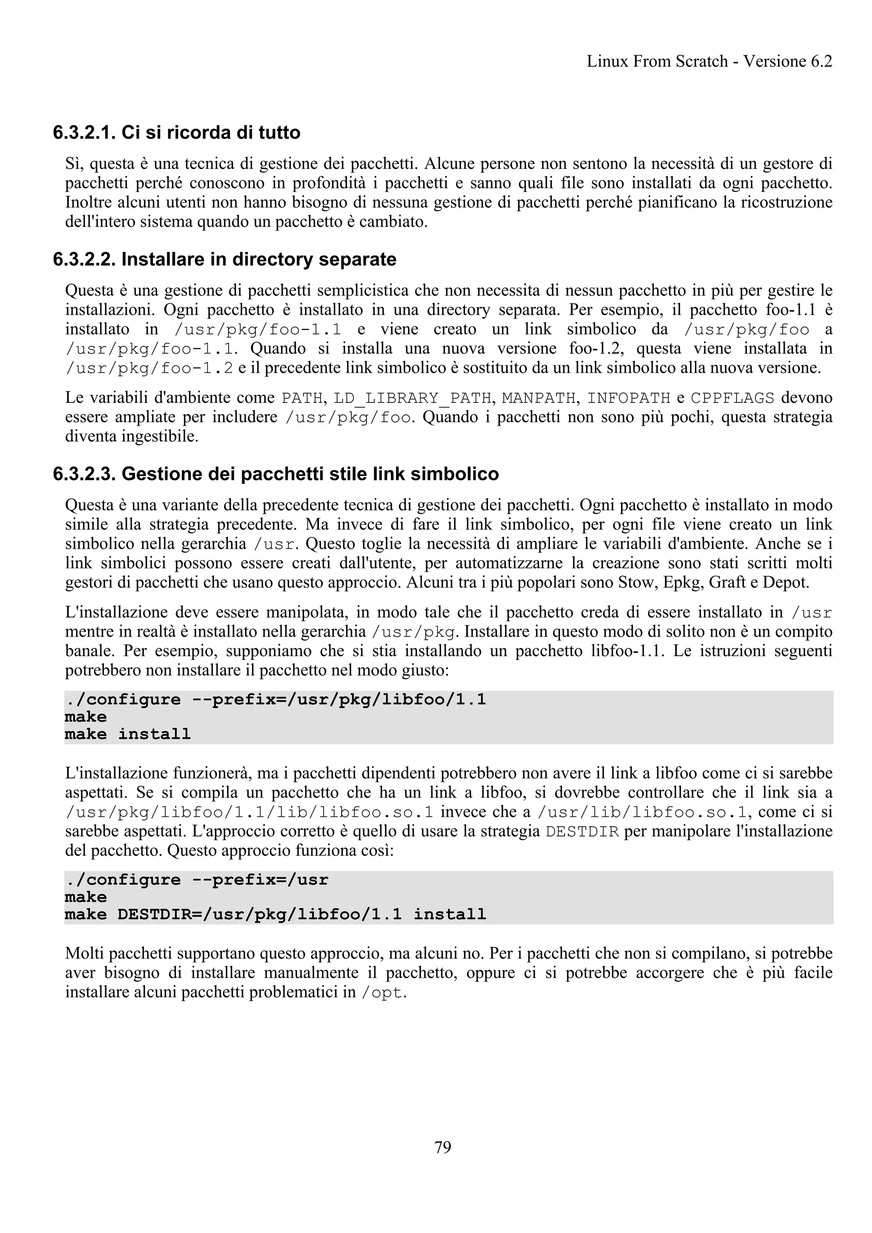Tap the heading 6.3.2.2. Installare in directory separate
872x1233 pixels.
(x=224, y=260)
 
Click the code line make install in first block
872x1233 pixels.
(x=127, y=734)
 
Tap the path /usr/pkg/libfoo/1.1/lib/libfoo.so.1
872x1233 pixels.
(x=249, y=812)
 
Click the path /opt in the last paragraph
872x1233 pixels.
(x=381, y=993)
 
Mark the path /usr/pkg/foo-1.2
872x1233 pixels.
(x=149, y=368)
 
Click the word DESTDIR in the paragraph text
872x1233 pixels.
(x=582, y=832)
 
